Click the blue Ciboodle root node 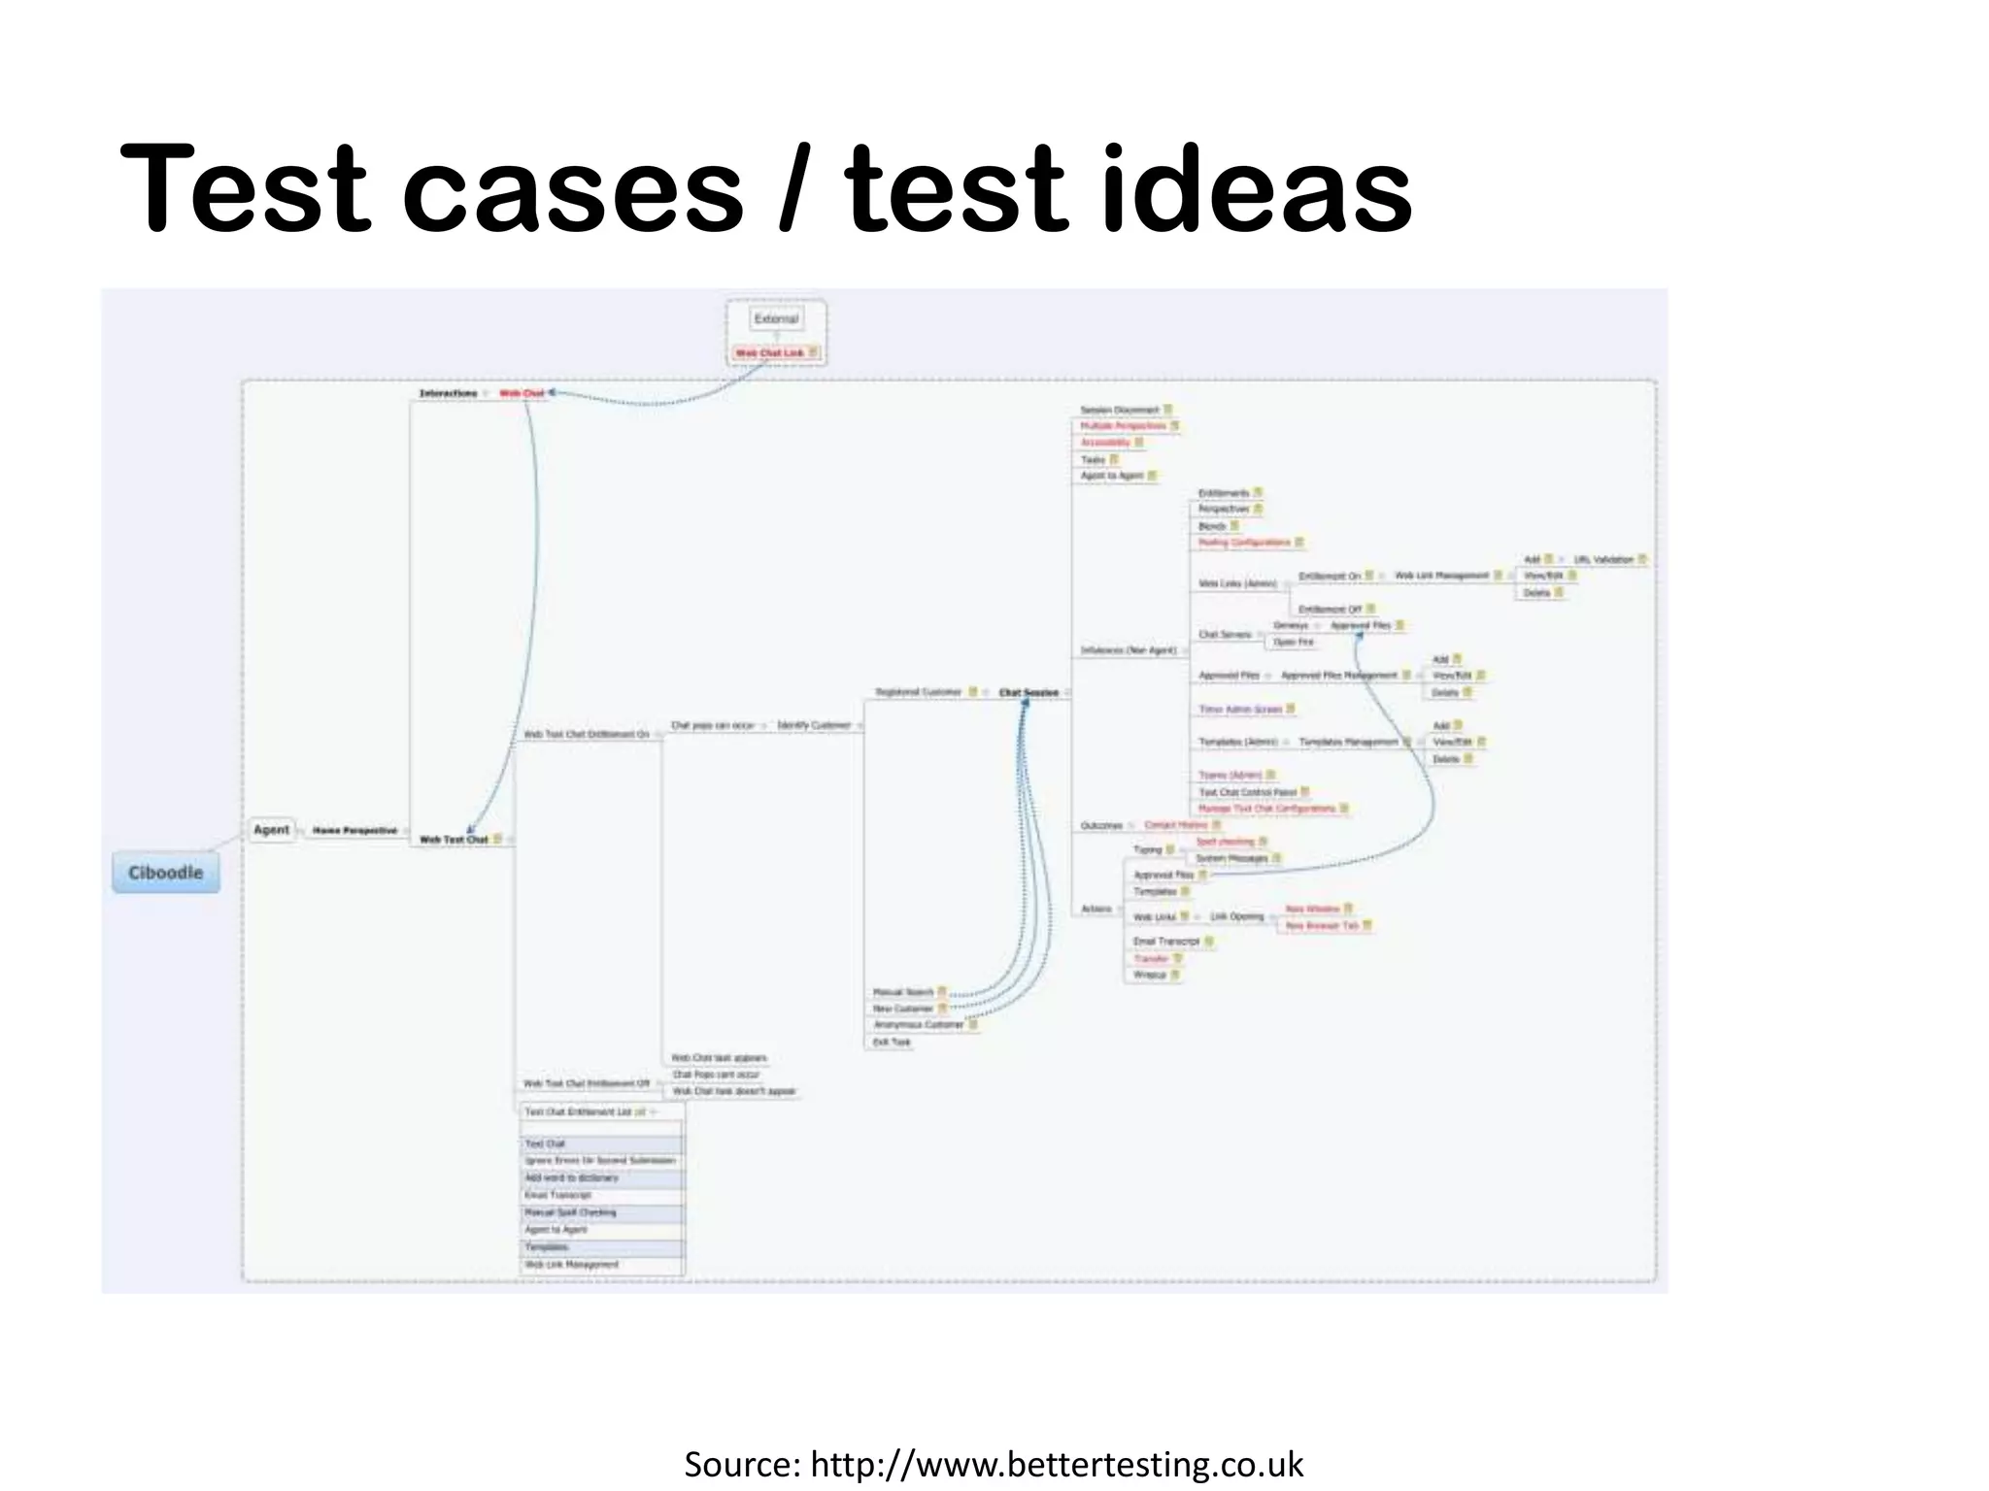coord(165,873)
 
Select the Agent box coord(271,830)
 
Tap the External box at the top coord(776,318)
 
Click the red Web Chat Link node coord(770,353)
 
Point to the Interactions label coord(448,393)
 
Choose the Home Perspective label coord(354,831)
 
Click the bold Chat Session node coord(1028,692)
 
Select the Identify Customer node coord(814,725)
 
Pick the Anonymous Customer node coord(919,1025)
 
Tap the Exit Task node coord(892,1043)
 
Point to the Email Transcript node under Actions coord(1166,942)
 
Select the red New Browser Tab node coord(1322,926)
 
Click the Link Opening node coord(1237,916)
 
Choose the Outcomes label coord(1101,826)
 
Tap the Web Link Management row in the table coord(572,1265)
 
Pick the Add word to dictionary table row coord(572,1178)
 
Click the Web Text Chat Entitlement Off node coord(587,1083)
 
